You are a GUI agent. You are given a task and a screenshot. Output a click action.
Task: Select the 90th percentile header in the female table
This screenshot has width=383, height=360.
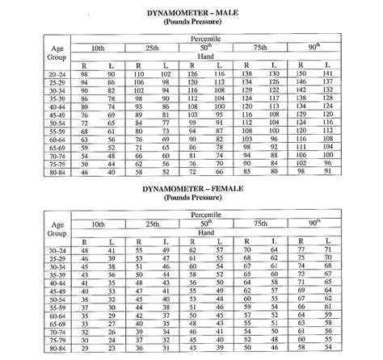314,222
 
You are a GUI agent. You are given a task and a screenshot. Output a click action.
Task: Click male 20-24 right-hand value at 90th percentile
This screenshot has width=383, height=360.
302,73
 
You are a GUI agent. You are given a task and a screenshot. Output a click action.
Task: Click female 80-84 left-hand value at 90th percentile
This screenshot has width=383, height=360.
327,350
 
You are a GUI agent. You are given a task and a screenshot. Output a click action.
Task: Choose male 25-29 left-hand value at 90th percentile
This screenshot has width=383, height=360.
327,82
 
